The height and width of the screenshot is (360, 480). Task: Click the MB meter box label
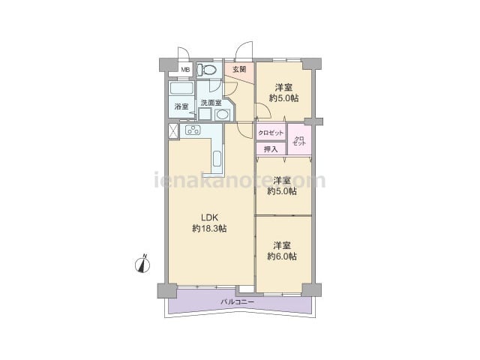185,70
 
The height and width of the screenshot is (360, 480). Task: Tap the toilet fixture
205,70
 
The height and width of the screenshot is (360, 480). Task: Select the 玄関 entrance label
239,70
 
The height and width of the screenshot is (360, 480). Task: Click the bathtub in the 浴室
181,88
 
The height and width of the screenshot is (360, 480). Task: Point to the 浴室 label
181,106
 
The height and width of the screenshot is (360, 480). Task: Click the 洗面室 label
211,103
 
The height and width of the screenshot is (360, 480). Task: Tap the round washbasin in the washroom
222,115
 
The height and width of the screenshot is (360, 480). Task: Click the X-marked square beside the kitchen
173,131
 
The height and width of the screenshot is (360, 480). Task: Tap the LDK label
209,217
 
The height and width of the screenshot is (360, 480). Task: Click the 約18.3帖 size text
209,228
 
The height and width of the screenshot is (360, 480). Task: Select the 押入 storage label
271,149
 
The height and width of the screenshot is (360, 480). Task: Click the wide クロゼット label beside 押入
271,133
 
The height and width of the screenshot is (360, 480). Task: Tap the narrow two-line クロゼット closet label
299,141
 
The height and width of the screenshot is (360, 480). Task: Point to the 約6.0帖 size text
282,256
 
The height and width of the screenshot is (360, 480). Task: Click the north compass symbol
142,264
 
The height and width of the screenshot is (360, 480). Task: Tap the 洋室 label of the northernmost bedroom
283,88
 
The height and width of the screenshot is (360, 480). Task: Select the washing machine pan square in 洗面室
205,115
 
